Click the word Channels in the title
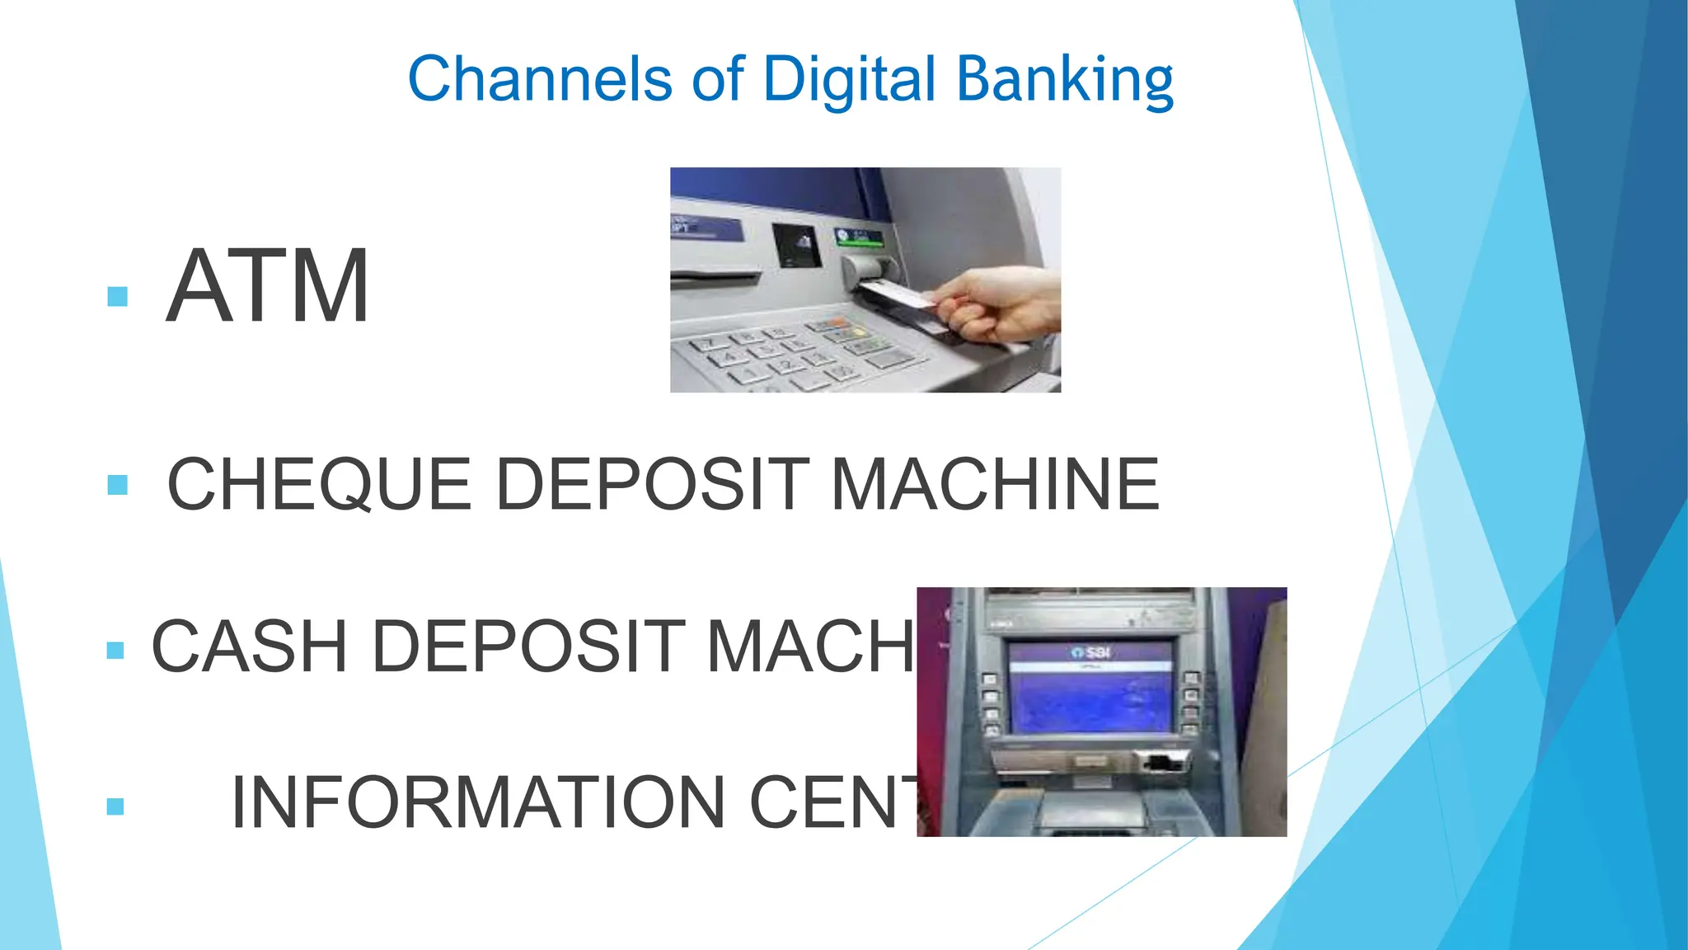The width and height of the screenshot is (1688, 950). [540, 79]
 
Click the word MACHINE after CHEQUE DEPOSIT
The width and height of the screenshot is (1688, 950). [994, 485]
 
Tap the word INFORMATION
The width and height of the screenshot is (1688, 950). [478, 802]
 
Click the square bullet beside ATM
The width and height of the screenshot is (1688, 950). [118, 296]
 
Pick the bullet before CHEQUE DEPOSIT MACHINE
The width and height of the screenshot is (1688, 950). [118, 485]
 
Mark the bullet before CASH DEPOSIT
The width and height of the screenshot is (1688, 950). [115, 651]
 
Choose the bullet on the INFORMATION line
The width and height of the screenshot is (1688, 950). [115, 806]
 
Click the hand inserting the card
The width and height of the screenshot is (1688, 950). [997, 305]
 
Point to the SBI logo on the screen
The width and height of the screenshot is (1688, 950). [1092, 652]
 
